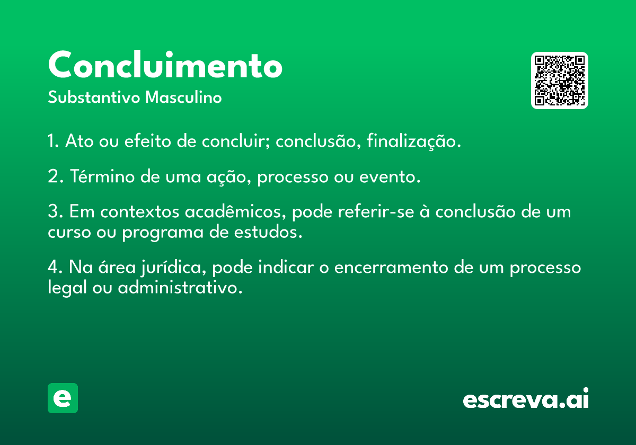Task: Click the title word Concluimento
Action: coord(165,65)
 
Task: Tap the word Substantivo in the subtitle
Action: coord(94,97)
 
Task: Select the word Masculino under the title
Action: coord(183,97)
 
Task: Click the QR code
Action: coord(559,81)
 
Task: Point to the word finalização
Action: coord(413,141)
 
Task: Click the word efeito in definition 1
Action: coord(148,141)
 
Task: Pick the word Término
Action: coord(102,176)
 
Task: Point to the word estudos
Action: coord(268,232)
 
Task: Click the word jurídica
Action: coord(173,268)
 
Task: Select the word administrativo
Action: coord(180,287)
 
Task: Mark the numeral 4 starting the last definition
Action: coord(53,267)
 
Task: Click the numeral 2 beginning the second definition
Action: coord(53,176)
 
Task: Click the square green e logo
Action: coord(63,398)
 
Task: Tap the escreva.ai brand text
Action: coord(526,398)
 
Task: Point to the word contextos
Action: coord(140,212)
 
